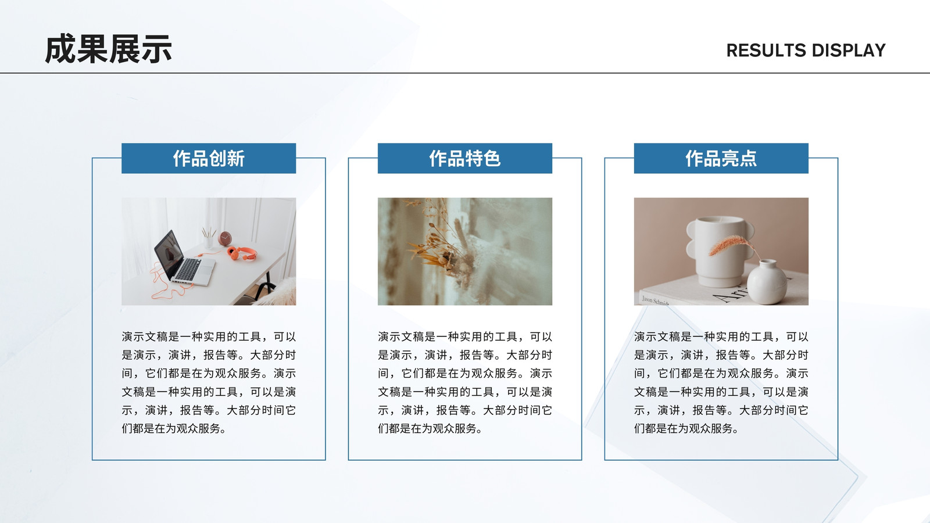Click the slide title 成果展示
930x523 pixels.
[108, 49]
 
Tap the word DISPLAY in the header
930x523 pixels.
[849, 50]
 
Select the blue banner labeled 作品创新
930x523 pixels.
[209, 158]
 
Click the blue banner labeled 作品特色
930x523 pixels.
[465, 158]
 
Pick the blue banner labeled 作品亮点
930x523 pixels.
[721, 158]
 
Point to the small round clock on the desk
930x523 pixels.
[225, 238]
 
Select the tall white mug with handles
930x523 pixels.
[718, 251]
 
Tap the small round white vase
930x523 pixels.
[767, 282]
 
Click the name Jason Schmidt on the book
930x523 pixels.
[655, 301]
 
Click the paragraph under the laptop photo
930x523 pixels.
[209, 382]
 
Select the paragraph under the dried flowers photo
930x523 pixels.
[465, 382]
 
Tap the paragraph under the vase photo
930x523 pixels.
[721, 382]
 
